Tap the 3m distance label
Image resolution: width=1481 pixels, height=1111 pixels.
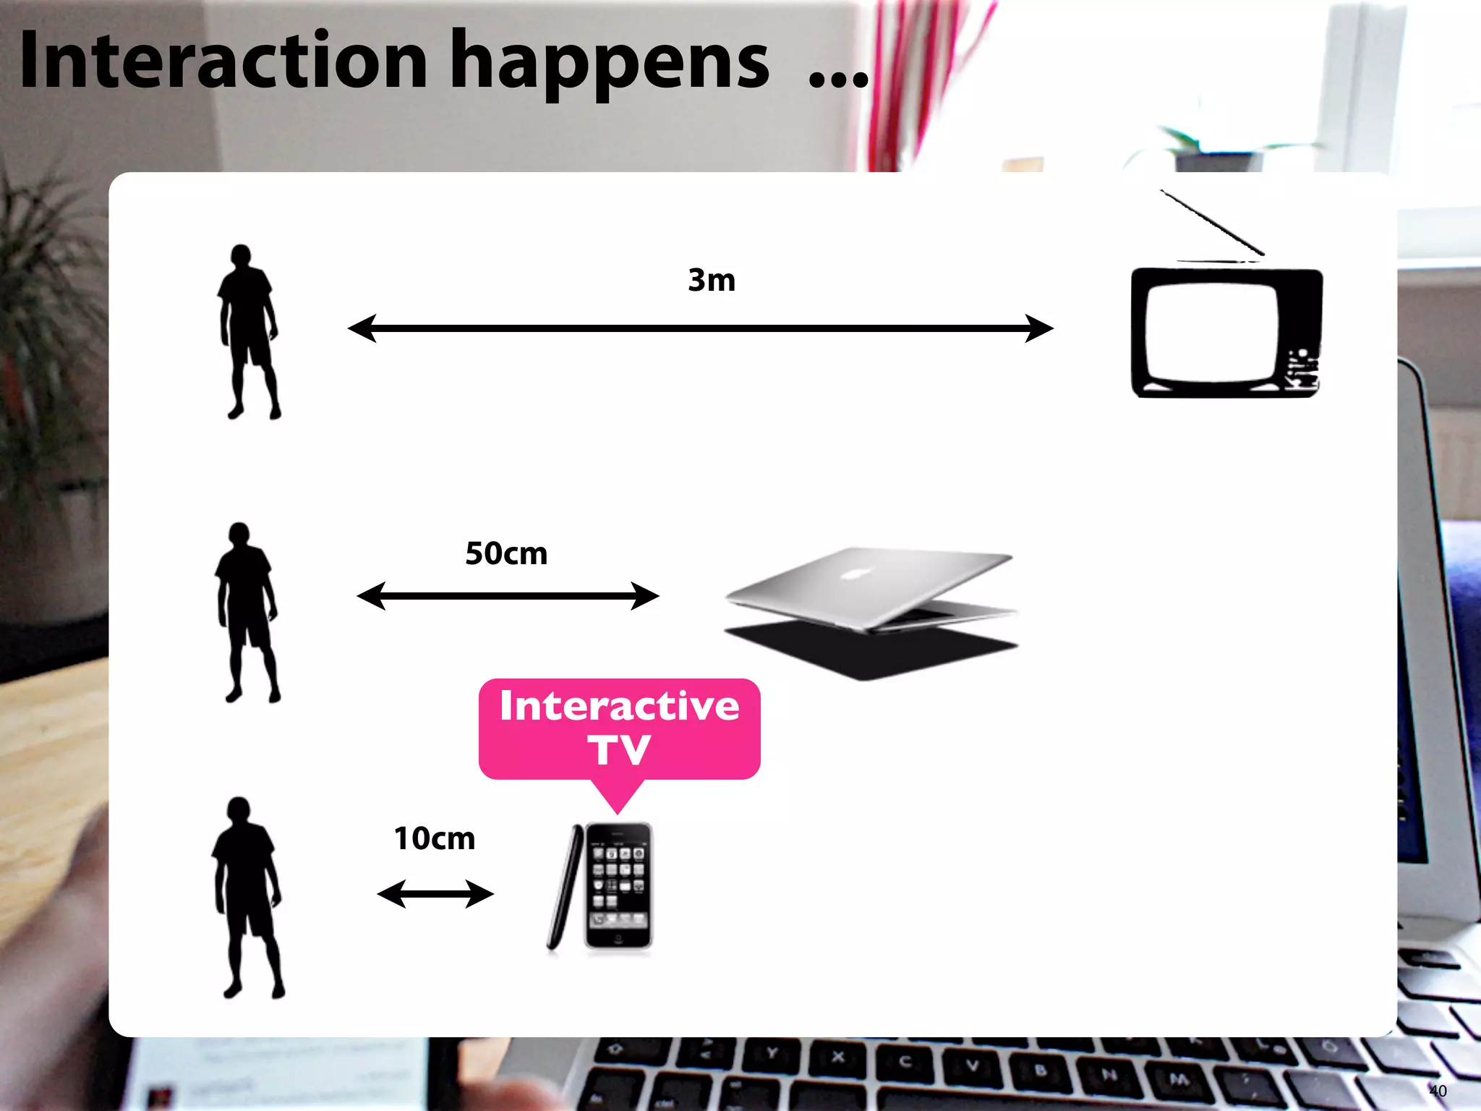click(712, 280)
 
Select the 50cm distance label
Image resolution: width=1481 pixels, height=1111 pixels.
click(506, 553)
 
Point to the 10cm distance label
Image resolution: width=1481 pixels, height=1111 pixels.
click(434, 838)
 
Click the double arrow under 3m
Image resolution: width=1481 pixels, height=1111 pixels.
click(700, 328)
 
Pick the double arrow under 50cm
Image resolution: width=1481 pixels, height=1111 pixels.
click(508, 596)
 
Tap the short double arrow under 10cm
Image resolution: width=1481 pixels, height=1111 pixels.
click(435, 894)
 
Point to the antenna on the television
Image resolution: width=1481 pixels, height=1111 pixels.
click(1212, 222)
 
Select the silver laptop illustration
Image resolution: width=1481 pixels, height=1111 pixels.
click(871, 611)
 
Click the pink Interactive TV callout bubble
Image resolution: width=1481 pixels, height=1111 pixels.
click(619, 728)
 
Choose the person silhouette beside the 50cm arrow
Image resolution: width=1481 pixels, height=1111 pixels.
click(247, 612)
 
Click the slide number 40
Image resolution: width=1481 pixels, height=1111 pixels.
click(1438, 1091)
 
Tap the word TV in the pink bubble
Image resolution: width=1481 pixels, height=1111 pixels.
click(619, 750)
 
